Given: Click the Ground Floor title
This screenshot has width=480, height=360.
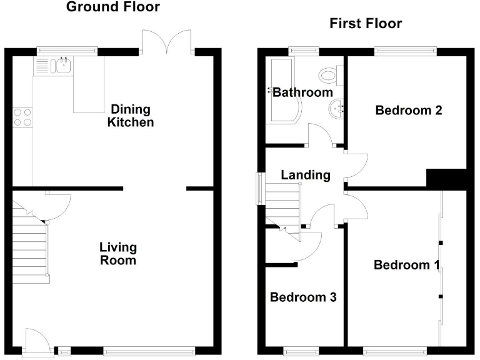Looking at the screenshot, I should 112,7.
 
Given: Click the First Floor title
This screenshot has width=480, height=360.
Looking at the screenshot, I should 366,24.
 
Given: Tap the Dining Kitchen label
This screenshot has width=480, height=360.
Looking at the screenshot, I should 130,116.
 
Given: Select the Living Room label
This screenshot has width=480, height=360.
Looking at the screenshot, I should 118,254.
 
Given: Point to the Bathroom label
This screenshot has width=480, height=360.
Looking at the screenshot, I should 303,92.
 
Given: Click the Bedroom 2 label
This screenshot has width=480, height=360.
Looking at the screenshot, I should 409,111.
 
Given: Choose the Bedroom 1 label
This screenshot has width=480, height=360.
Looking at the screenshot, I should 406,265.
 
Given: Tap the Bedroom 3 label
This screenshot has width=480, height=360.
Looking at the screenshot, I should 303,297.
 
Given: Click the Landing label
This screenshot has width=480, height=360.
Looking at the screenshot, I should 305,175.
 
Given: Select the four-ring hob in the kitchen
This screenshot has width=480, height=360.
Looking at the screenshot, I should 23,117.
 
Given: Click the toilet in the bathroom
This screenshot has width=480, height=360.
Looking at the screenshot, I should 328,76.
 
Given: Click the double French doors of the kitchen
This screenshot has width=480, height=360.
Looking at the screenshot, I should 166,41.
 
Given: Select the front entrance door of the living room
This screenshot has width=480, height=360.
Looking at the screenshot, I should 35,342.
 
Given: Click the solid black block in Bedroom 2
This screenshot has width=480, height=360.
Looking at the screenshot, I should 446,178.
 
